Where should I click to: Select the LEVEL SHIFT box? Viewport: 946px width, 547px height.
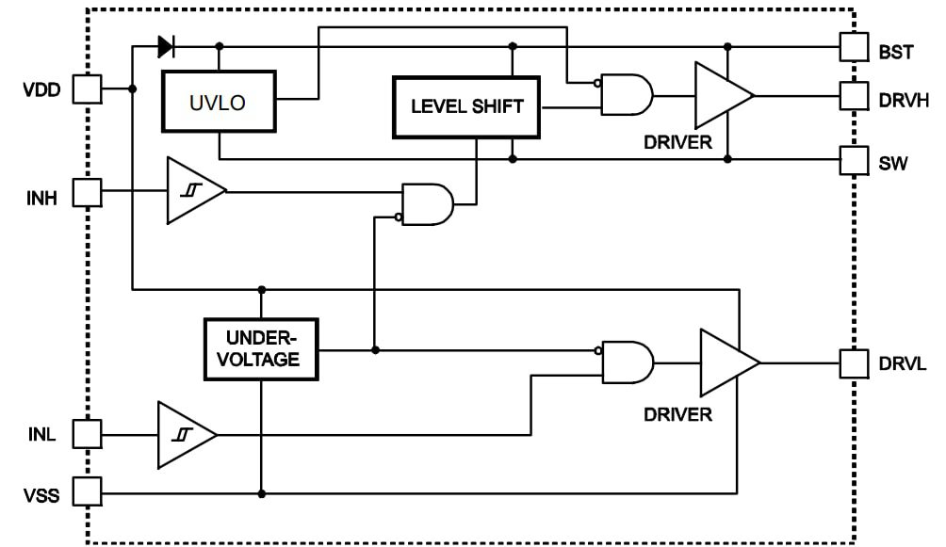tap(466, 105)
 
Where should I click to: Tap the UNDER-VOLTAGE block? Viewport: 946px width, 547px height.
tap(261, 349)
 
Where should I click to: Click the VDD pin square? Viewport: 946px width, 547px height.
tap(87, 88)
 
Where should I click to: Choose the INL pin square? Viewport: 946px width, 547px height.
tap(87, 435)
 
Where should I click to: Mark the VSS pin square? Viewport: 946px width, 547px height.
tap(87, 492)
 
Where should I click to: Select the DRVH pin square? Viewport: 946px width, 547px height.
tap(854, 95)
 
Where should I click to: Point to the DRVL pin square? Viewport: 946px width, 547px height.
tap(854, 362)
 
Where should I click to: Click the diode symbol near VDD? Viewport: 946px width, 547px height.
tap(166, 45)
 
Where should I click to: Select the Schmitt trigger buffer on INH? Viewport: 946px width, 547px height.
tap(193, 191)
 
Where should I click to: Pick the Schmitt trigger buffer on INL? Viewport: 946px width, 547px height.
tap(185, 435)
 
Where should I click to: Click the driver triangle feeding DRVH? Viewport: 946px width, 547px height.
tap(721, 95)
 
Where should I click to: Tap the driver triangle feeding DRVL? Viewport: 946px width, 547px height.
tap(726, 362)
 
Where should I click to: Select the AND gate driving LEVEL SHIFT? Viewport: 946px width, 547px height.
tap(427, 204)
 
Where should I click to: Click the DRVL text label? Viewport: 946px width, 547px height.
tap(904, 362)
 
